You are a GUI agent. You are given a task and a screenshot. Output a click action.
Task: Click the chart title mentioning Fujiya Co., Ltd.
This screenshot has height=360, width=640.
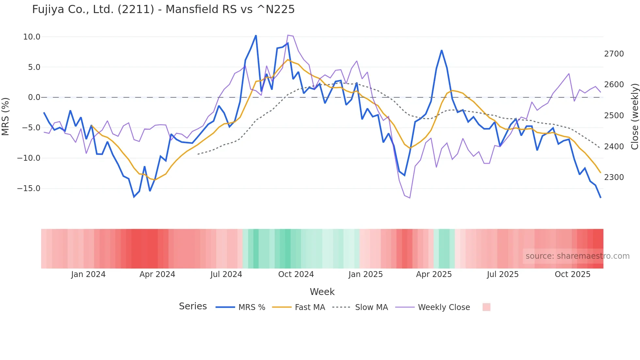pyautogui.click(x=163, y=9)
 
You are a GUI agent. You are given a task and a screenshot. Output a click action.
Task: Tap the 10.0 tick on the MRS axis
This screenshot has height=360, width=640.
pyautogui.click(x=32, y=37)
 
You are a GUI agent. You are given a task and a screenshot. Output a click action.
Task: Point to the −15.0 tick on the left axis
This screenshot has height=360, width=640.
pyautogui.click(x=29, y=188)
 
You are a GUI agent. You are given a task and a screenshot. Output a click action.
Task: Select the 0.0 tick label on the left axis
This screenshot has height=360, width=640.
pyautogui.click(x=34, y=97)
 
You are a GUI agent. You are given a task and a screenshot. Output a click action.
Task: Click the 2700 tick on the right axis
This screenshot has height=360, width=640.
pyautogui.click(x=614, y=54)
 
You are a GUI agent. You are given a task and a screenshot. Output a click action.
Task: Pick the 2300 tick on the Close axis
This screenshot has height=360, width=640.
pyautogui.click(x=614, y=177)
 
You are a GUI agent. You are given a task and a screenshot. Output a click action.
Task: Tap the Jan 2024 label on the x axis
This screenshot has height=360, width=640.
pyautogui.click(x=88, y=274)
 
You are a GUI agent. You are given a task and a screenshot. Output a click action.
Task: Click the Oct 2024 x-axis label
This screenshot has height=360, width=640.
pyautogui.click(x=296, y=274)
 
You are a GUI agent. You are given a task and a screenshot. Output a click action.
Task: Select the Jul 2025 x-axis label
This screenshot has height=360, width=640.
pyautogui.click(x=503, y=274)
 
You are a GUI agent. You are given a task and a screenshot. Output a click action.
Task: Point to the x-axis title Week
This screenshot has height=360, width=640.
pyautogui.click(x=322, y=292)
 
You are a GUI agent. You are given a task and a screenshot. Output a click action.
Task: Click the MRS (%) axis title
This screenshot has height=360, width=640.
pyautogui.click(x=6, y=116)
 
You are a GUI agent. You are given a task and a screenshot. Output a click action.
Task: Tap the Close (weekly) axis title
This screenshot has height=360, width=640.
pyautogui.click(x=634, y=116)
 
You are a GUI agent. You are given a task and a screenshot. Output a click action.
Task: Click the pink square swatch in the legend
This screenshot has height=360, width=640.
pyautogui.click(x=486, y=307)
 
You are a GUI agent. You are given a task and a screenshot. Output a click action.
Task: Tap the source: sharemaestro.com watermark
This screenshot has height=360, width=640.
pyautogui.click(x=577, y=256)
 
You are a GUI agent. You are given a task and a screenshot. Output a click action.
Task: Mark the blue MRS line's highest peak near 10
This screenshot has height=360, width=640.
pyautogui.click(x=256, y=35)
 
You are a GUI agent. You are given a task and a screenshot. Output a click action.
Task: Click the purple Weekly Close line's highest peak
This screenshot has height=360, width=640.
pyautogui.click(x=288, y=35)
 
